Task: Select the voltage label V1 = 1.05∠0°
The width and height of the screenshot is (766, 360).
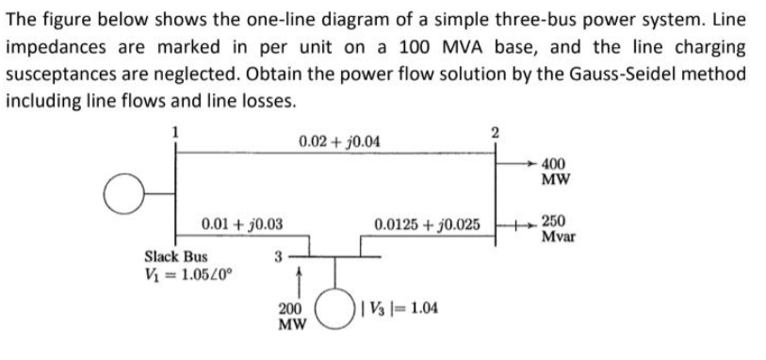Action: [189, 275]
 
